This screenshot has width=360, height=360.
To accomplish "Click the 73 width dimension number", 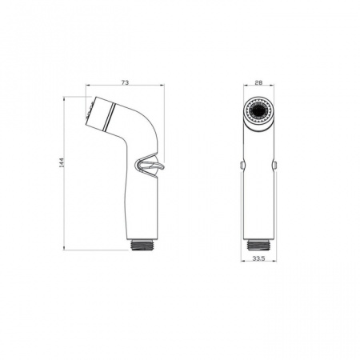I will tap(124, 82).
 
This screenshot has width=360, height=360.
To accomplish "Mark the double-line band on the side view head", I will tap(106, 115).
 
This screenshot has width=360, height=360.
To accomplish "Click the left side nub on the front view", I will tap(242, 166).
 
